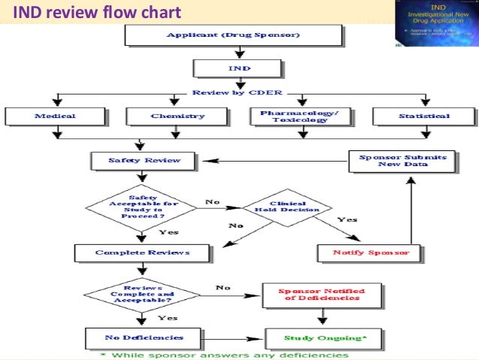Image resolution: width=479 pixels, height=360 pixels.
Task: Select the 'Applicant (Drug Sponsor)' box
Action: click(x=239, y=35)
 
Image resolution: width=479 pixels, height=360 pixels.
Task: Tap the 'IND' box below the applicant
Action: click(x=239, y=68)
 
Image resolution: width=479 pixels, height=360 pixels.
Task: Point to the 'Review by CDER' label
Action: click(x=238, y=93)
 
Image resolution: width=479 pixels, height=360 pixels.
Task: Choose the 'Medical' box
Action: click(x=55, y=116)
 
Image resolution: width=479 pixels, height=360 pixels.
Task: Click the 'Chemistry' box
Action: click(x=177, y=116)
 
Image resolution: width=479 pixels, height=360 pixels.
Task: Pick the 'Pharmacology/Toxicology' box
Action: click(x=300, y=116)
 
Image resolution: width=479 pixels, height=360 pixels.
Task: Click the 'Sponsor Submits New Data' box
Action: click(x=402, y=161)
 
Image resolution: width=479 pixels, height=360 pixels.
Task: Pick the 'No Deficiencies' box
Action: click(x=134, y=337)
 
